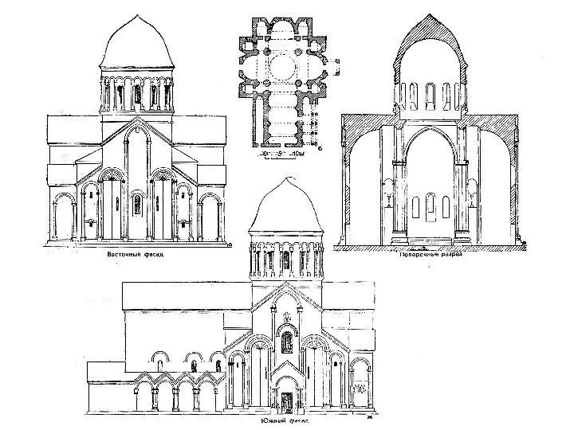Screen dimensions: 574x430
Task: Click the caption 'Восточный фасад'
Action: (136, 255)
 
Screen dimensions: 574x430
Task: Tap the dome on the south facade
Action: (285, 207)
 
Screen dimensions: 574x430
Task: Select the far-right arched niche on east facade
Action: (211, 217)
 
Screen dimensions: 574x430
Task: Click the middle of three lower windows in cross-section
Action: (430, 207)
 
